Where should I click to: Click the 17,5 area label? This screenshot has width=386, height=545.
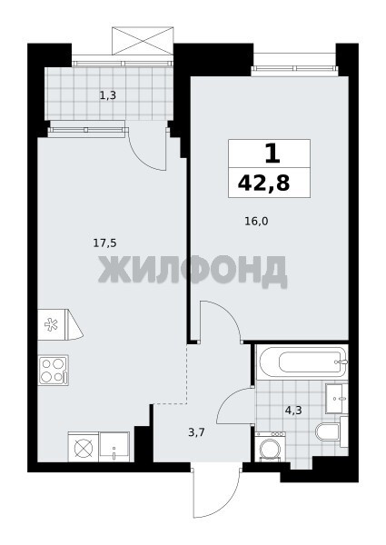click(x=104, y=243)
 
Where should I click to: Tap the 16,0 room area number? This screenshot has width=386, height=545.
click(x=257, y=221)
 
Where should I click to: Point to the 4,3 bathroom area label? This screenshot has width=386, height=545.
click(x=293, y=411)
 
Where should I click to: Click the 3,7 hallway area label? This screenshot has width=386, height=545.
click(x=197, y=432)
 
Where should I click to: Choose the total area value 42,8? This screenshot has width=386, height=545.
click(x=263, y=183)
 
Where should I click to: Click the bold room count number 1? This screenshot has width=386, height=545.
click(x=272, y=154)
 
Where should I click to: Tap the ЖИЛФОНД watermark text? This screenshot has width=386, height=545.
click(x=193, y=270)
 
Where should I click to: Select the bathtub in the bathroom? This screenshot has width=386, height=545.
click(x=302, y=362)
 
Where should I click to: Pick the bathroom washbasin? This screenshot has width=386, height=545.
click(x=336, y=399)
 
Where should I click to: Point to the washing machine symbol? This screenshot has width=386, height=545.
click(x=271, y=447)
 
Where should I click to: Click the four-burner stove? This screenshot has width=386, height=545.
click(x=54, y=370)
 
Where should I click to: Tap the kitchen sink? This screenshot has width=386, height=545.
click(x=114, y=447)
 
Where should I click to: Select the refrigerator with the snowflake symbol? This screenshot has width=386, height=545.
click(x=60, y=324)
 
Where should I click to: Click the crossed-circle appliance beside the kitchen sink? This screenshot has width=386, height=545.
click(x=84, y=447)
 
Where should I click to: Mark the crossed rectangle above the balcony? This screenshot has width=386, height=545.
click(x=143, y=41)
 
